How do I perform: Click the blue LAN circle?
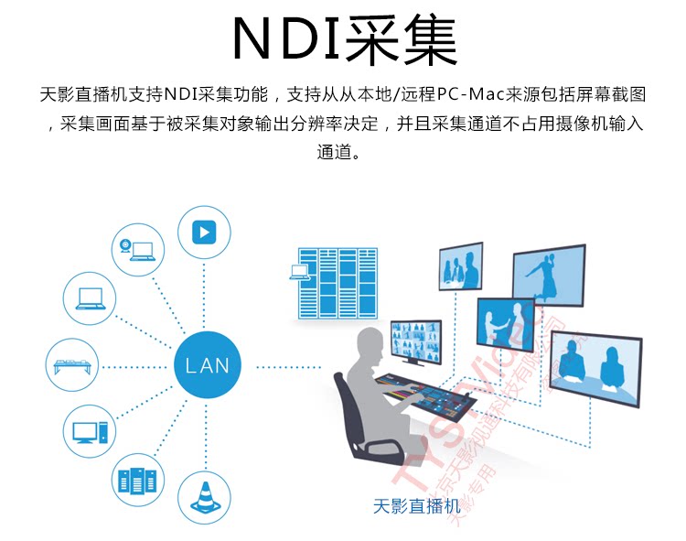208,366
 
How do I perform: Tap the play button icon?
203,233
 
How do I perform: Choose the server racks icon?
138,479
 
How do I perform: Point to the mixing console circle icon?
72,365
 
